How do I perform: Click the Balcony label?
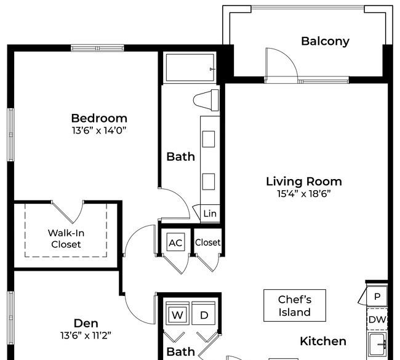click(x=325, y=41)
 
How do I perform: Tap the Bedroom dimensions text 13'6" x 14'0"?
click(x=99, y=130)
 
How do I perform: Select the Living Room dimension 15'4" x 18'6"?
click(x=304, y=194)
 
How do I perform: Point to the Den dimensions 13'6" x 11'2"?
click(x=86, y=335)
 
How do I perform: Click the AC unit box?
click(x=175, y=242)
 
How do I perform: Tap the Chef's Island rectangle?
click(x=295, y=305)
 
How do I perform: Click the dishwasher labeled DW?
click(x=377, y=319)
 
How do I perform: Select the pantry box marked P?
click(x=377, y=296)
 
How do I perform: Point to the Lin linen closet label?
click(x=210, y=214)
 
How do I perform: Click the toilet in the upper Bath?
click(x=206, y=100)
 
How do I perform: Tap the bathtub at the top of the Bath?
click(x=190, y=68)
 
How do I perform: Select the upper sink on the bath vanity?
click(x=209, y=139)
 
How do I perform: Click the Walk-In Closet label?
click(x=66, y=239)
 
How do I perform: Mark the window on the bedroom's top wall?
click(x=97, y=48)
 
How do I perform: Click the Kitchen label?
click(x=323, y=341)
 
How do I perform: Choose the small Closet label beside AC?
click(x=207, y=242)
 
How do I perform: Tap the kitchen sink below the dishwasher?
click(x=377, y=345)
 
